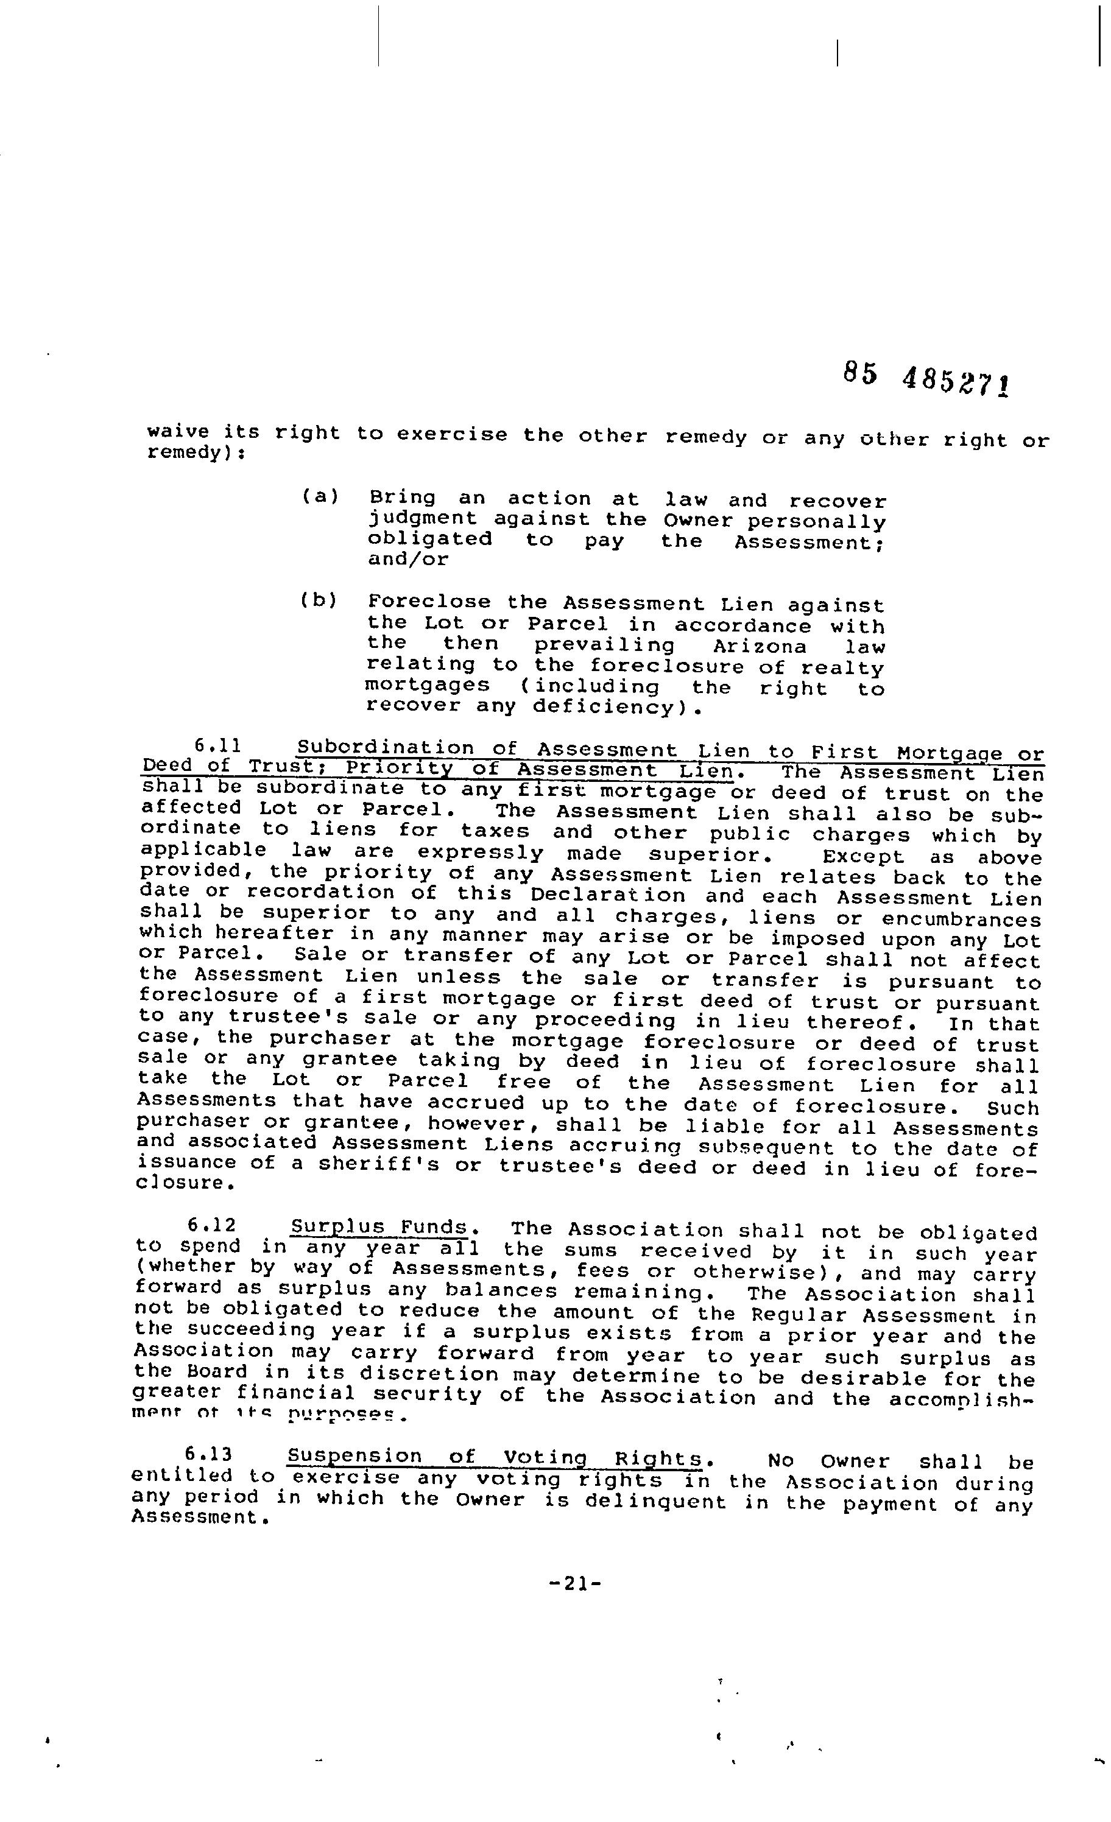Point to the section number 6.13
208,1454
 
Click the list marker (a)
320,496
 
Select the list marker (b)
318,600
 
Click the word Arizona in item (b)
760,647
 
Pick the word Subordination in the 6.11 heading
384,748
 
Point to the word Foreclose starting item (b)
429,602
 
